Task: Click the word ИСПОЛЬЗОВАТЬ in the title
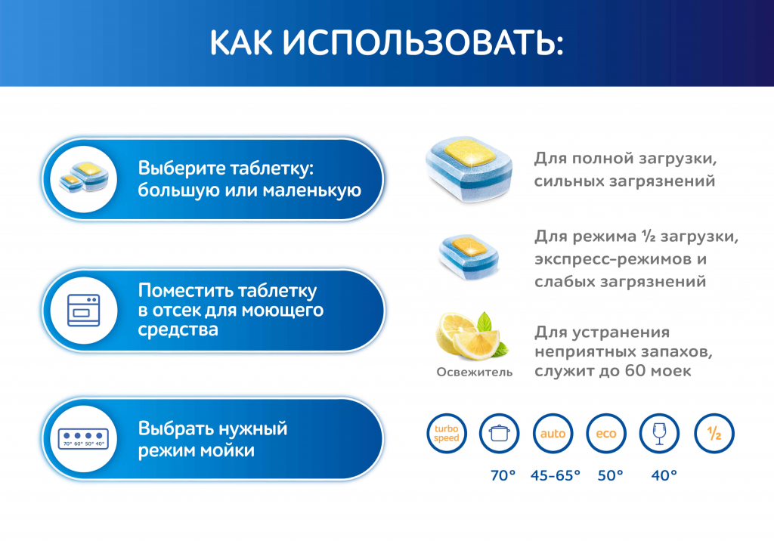(423, 43)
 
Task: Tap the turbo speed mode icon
(447, 434)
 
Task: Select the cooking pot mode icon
(500, 434)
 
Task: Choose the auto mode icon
(553, 434)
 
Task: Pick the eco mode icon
(606, 434)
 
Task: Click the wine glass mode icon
(660, 434)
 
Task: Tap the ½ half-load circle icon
(714, 434)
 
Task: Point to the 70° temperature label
(502, 475)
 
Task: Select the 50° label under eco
(610, 475)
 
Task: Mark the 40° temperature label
(664, 475)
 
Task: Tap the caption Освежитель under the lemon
(474, 372)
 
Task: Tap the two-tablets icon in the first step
(84, 179)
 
